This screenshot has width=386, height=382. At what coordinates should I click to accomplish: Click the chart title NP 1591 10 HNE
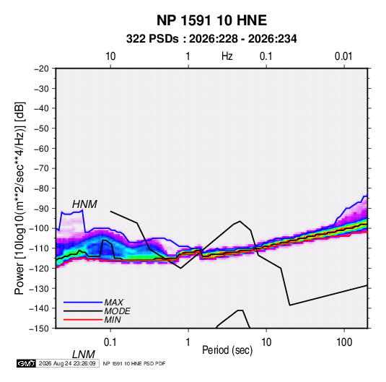click(211, 20)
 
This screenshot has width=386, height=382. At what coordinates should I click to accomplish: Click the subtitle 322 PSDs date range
click(211, 39)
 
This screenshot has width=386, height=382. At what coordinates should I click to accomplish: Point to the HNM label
click(84, 204)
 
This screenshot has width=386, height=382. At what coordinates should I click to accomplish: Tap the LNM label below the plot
click(84, 355)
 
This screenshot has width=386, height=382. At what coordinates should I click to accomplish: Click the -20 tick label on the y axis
click(41, 69)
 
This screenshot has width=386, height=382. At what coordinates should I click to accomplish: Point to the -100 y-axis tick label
click(39, 228)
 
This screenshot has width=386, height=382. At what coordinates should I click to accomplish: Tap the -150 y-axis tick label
click(39, 329)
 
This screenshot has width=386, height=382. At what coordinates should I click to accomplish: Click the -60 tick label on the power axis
click(41, 148)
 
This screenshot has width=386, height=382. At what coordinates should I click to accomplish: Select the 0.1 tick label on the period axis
click(110, 342)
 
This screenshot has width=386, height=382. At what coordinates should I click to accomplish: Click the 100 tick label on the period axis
click(344, 342)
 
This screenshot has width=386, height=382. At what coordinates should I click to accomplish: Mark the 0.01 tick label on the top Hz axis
click(343, 56)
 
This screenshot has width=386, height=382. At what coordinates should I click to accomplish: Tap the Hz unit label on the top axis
click(227, 56)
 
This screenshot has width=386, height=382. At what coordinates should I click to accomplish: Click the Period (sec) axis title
click(227, 350)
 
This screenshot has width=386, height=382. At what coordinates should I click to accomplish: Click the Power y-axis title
click(19, 199)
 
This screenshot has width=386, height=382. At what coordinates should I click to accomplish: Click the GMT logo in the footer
click(27, 363)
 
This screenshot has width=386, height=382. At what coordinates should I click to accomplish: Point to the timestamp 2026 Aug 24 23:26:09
click(67, 363)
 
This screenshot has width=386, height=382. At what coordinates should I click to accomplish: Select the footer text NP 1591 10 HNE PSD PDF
click(134, 363)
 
